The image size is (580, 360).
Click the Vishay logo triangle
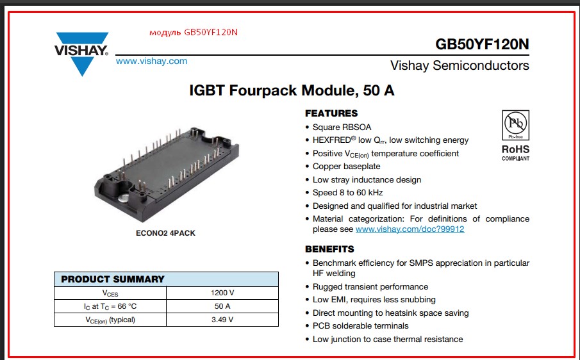point(82,54)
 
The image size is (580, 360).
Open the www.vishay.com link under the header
point(151,61)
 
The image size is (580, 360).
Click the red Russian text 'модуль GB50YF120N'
point(194,32)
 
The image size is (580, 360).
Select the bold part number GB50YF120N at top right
point(482,44)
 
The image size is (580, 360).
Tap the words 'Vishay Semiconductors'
point(460,65)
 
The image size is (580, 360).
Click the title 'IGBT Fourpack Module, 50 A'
point(292,90)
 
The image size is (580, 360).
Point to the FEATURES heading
point(331,113)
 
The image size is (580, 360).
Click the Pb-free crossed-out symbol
point(516,125)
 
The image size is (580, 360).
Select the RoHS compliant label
point(516,152)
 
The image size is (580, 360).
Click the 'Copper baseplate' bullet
point(346,167)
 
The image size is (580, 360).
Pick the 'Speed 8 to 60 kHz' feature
point(347,193)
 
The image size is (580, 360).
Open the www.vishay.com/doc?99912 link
point(410,229)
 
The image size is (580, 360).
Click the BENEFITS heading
point(329,249)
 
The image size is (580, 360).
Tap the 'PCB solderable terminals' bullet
point(360,326)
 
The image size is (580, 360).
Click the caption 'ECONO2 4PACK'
point(165,233)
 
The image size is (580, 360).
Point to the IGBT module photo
point(167,174)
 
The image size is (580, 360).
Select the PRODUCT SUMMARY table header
point(166,279)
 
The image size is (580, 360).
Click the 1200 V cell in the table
point(222,293)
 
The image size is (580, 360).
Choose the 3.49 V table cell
point(222,320)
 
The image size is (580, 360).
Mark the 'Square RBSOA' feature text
point(342,127)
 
